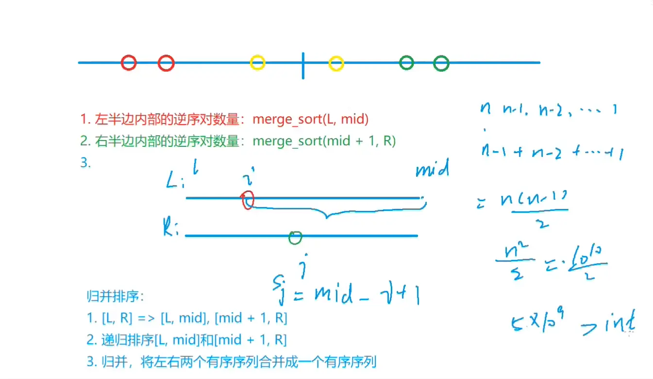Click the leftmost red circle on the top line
point(129,63)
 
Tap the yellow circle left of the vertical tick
point(257,63)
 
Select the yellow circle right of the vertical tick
point(336,63)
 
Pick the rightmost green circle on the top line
point(441,63)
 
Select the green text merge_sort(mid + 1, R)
point(324,141)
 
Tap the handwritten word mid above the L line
point(432,170)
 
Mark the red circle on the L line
point(248,199)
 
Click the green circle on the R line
point(295,237)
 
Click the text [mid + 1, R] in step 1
point(251,318)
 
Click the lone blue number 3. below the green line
point(86,163)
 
